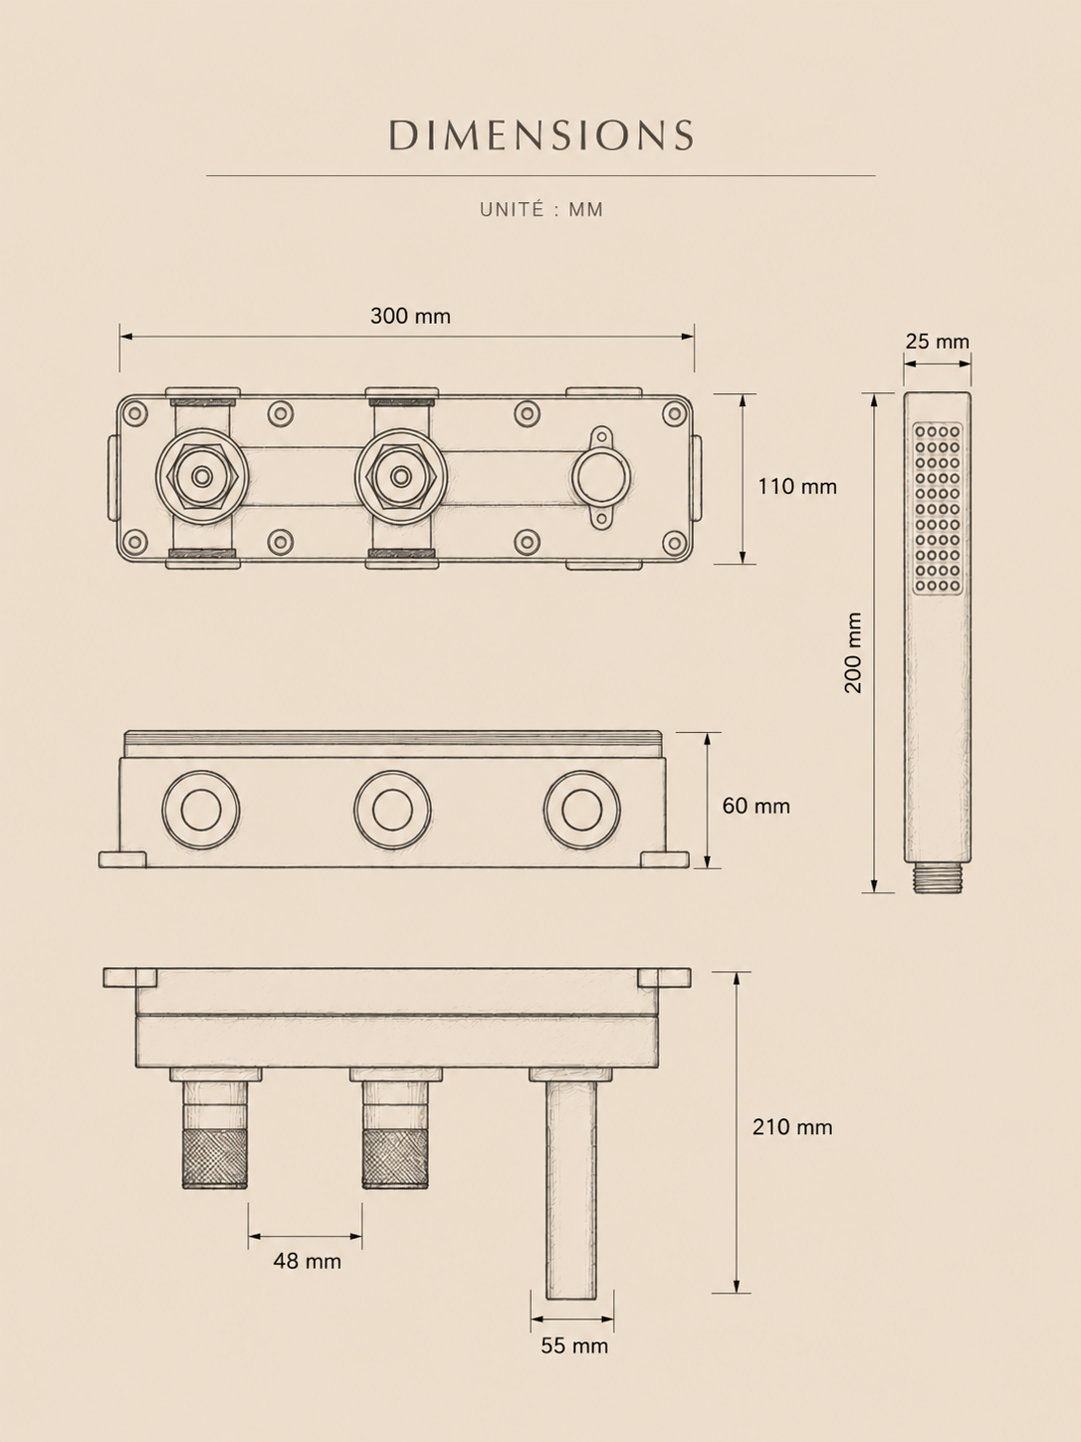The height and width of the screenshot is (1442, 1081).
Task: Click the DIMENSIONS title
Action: pos(540,134)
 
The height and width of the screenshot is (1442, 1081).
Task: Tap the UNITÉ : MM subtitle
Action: pos(540,209)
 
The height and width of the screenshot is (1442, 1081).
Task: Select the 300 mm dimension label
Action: pos(410,316)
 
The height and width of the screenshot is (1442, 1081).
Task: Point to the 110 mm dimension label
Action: pos(797,486)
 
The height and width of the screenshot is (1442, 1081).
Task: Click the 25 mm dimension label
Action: pos(938,341)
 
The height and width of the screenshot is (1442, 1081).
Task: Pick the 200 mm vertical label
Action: pos(853,653)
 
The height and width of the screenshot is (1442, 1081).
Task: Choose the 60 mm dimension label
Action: pos(757,806)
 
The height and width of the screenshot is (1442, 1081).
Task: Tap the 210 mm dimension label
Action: pos(792,1127)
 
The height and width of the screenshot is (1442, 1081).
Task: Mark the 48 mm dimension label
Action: pos(308,1262)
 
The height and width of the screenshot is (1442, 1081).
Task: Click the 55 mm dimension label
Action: pos(574,1346)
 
